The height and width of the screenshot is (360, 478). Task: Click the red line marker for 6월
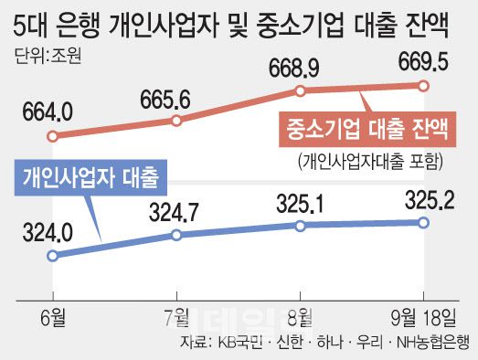(x=53, y=137)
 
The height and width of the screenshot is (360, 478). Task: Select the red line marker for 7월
(x=177, y=121)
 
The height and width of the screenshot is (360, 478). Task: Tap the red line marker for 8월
(x=300, y=90)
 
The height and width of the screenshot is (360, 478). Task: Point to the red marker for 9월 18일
(x=423, y=86)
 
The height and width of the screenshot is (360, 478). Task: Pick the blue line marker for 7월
(x=177, y=235)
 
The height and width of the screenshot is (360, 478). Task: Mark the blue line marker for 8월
(x=300, y=225)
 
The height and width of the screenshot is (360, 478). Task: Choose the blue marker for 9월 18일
(x=423, y=222)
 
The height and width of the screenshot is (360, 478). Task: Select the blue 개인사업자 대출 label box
(x=90, y=174)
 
